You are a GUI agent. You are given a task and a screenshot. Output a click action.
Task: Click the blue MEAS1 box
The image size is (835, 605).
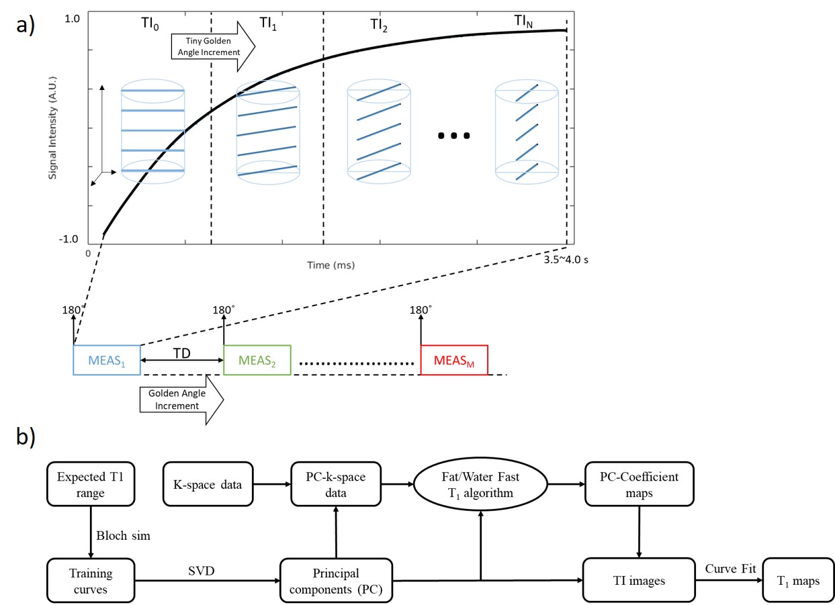106,360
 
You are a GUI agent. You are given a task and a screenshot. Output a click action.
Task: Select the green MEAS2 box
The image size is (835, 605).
257,360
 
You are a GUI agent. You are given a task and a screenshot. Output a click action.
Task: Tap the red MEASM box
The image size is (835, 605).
453,360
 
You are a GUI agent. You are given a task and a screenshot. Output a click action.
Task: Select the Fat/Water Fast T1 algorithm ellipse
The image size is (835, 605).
480,484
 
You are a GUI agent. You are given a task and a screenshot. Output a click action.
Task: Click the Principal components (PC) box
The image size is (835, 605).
335,581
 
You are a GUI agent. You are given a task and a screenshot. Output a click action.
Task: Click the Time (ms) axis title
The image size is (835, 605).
331,265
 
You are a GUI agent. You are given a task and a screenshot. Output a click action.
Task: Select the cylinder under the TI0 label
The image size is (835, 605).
152,131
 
